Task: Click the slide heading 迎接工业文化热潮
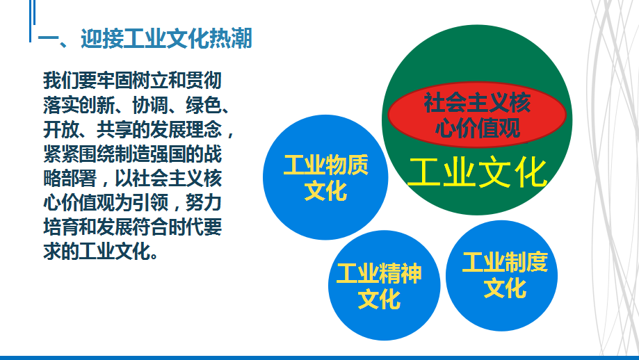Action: click(x=166, y=39)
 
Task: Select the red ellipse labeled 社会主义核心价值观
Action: click(x=477, y=115)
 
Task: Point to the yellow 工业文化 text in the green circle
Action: click(x=477, y=172)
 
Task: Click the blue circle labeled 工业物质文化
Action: click(x=325, y=177)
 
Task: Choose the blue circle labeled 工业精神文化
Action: click(x=384, y=285)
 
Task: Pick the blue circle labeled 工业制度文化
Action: click(x=501, y=275)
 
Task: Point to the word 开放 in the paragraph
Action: click(x=61, y=130)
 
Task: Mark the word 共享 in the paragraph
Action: click(x=115, y=130)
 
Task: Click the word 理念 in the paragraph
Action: click(x=204, y=130)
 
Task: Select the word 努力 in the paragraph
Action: click(x=204, y=202)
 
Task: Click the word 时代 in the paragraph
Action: click(x=186, y=227)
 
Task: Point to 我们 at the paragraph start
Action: click(x=61, y=81)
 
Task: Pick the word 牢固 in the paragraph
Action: click(x=115, y=81)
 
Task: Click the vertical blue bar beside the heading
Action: click(x=30, y=21)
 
